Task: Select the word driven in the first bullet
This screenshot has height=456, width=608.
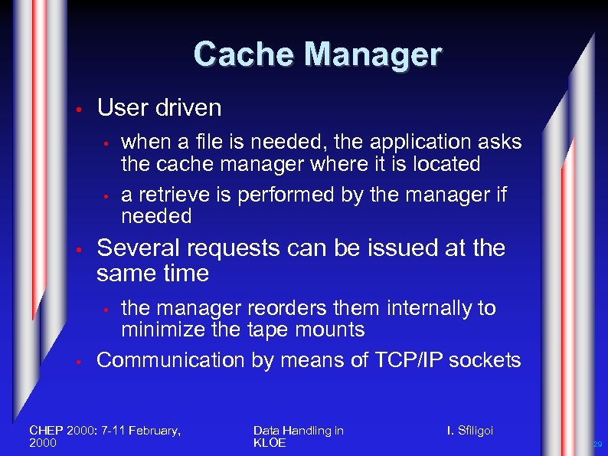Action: pos(188,107)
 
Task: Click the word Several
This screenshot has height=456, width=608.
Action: pos(137,248)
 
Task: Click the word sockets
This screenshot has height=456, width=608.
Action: pos(487,360)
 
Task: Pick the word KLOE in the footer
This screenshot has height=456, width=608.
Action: pos(269,443)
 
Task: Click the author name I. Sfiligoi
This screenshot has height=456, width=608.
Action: pos(470,431)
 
